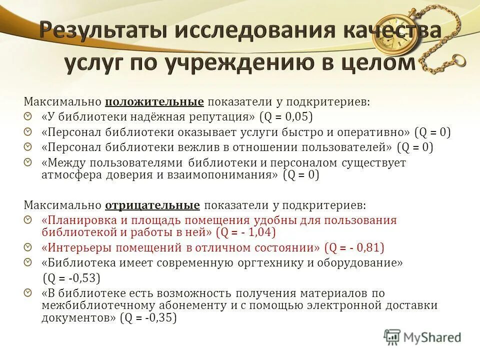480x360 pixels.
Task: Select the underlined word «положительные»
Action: coord(154,102)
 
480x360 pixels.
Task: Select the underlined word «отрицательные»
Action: coord(152,205)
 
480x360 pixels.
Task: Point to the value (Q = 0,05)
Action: coord(285,117)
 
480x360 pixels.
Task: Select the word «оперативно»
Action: coord(378,132)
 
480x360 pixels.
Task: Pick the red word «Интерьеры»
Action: coord(75,247)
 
